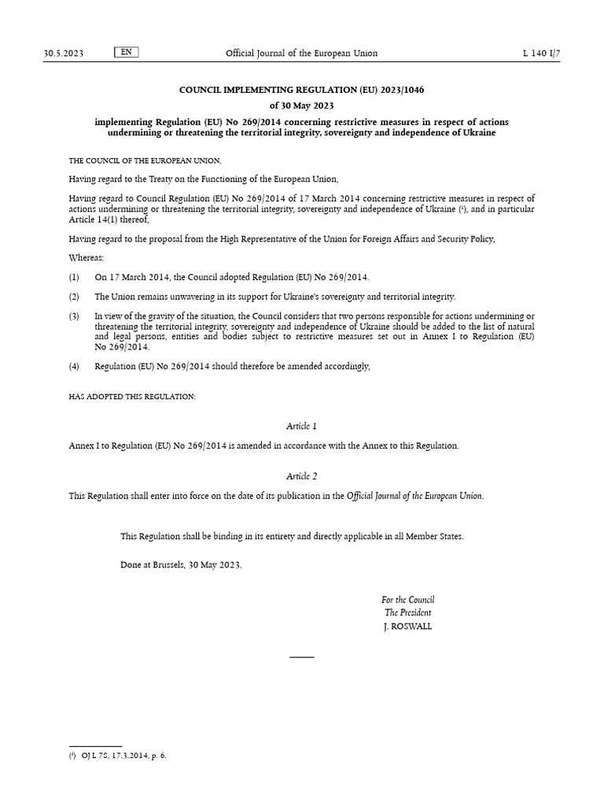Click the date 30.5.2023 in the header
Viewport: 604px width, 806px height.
coord(63,54)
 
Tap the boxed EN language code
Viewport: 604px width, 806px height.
coord(127,53)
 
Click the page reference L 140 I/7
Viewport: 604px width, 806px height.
coord(541,54)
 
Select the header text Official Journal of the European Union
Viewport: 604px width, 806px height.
coord(301,54)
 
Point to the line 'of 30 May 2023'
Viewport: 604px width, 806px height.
coord(301,106)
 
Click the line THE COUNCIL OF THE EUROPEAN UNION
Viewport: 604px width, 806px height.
coord(134,160)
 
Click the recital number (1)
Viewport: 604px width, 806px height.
coord(74,278)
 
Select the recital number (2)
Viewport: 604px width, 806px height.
coord(74,297)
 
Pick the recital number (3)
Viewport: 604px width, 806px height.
coord(74,316)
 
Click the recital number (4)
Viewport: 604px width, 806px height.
coord(74,367)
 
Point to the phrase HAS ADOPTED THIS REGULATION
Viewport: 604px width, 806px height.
coord(132,397)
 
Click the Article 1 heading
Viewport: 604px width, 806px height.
coord(301,426)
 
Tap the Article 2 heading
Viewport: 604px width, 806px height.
coord(301,476)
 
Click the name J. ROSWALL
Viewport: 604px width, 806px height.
coord(407,627)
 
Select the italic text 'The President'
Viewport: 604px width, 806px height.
coord(407,612)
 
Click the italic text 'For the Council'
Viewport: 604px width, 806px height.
coord(407,600)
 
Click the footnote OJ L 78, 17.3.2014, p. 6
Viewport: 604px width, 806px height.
coord(123,756)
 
